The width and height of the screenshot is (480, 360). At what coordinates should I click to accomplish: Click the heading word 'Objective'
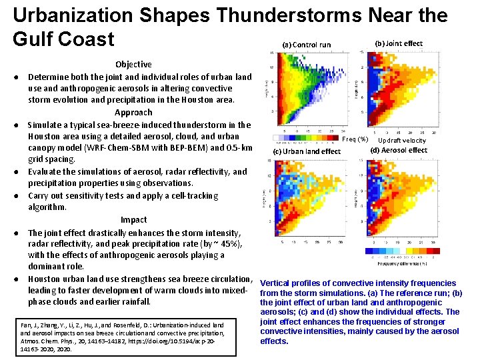tap(133, 65)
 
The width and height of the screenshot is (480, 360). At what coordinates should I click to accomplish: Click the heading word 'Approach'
tap(133, 113)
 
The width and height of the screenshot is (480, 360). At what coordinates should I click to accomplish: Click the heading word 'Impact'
tap(133, 220)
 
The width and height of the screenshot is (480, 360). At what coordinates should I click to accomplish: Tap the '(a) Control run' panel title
tap(306, 45)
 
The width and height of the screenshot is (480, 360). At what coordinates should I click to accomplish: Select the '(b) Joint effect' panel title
tap(399, 43)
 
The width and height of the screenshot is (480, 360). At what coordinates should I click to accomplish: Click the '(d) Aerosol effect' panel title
tap(399, 150)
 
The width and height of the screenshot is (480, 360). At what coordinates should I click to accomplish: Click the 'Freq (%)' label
tap(355, 139)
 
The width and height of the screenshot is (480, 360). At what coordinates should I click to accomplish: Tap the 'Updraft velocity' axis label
tap(402, 140)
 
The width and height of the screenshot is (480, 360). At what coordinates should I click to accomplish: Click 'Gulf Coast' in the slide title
tap(64, 39)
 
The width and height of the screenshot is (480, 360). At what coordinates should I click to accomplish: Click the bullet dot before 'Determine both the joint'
tap(15, 77)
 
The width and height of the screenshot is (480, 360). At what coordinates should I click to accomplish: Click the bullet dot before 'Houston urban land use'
tap(15, 279)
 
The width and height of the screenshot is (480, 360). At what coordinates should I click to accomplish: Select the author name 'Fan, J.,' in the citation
tap(31, 325)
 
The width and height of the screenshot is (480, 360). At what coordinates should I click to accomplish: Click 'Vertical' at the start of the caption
tap(276, 283)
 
